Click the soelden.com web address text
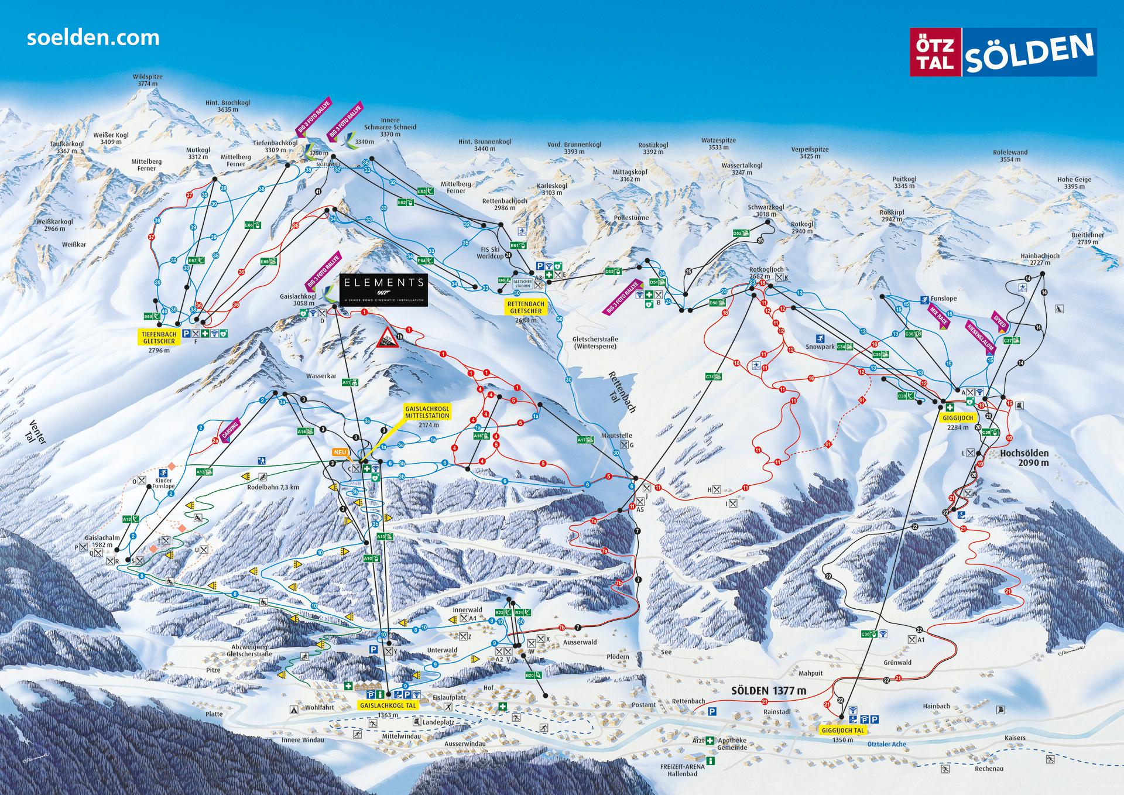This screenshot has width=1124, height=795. click(93, 38)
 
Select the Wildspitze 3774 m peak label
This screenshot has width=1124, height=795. click(148, 80)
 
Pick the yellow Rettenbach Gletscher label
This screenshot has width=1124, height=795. click(525, 307)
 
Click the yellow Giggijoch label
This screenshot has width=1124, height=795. click(957, 419)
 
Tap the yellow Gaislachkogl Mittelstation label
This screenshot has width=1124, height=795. click(426, 412)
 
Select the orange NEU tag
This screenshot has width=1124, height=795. click(340, 452)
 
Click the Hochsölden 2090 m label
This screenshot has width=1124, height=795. click(1024, 457)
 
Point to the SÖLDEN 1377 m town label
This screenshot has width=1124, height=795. click(768, 691)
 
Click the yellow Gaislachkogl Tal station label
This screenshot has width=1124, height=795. click(388, 705)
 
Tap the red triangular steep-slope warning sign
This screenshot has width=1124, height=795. click(387, 338)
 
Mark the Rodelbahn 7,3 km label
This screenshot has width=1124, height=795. click(273, 486)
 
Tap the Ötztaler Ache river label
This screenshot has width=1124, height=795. click(886, 744)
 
